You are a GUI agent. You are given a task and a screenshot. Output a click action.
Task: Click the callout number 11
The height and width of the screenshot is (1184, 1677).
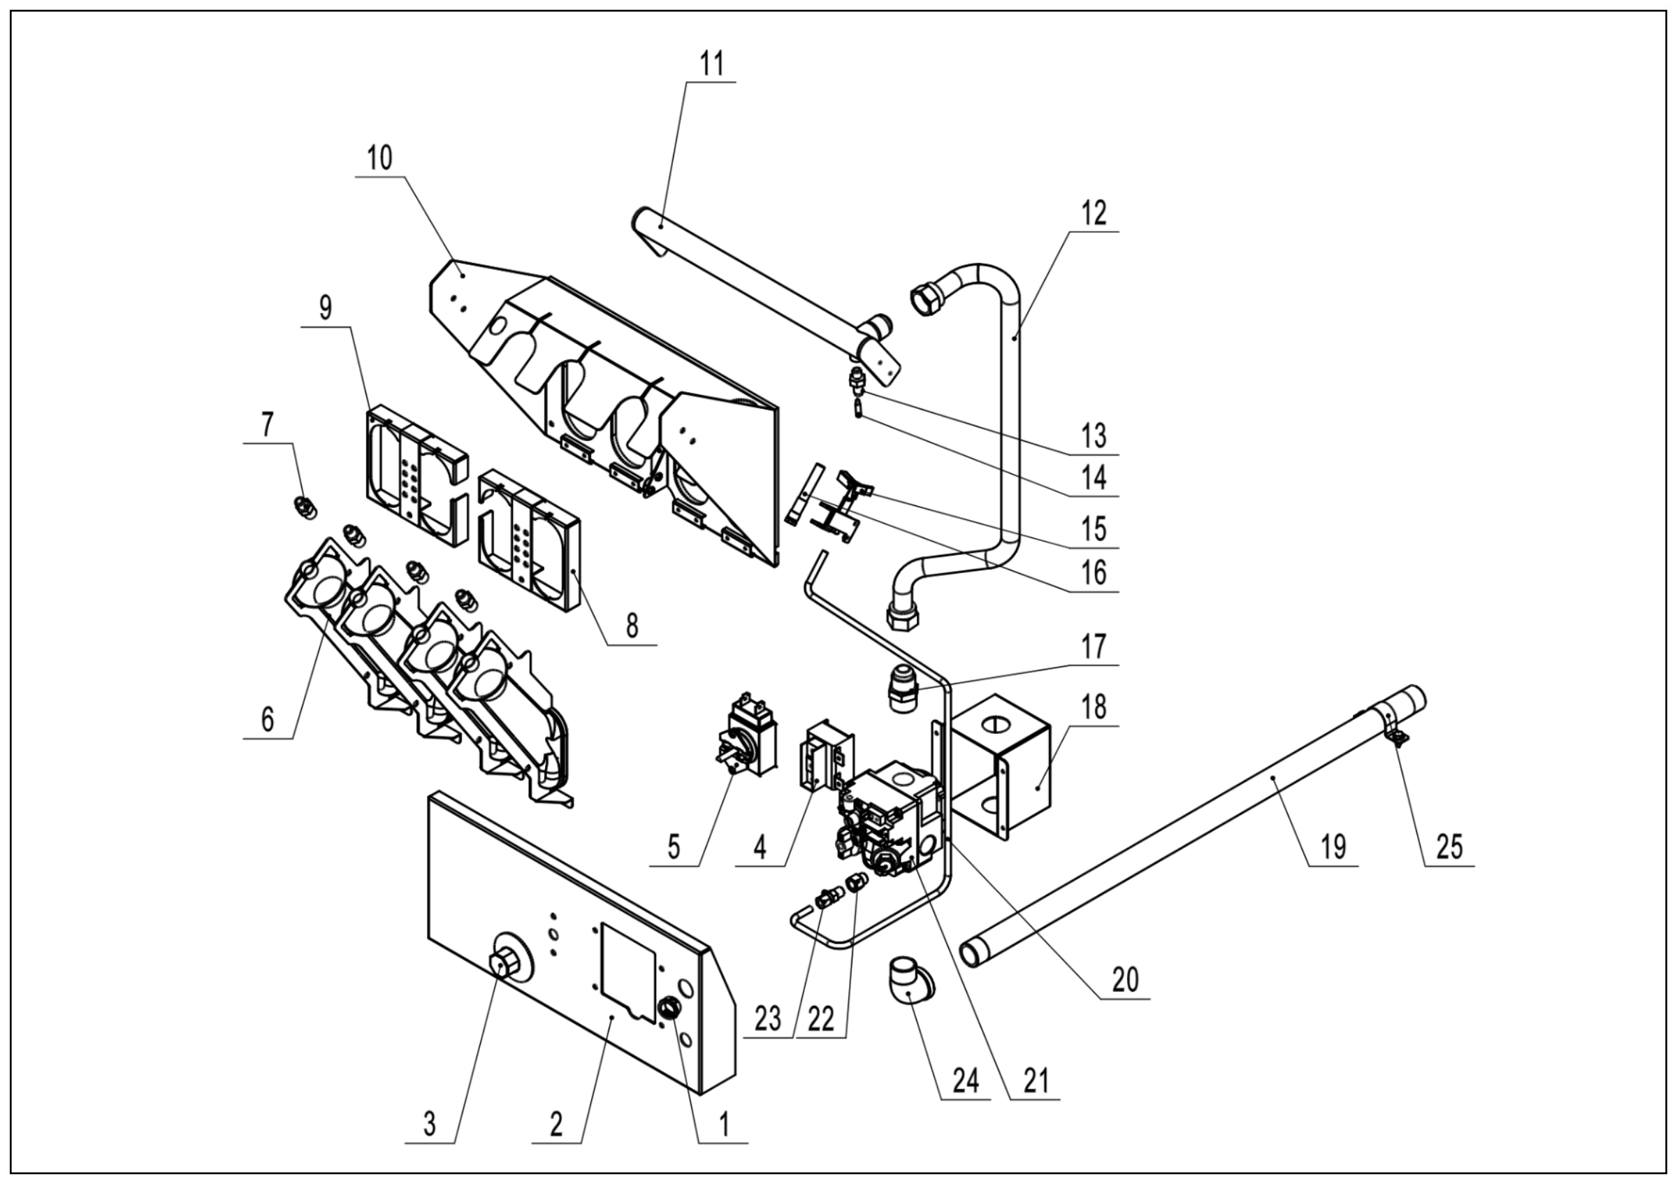point(711,64)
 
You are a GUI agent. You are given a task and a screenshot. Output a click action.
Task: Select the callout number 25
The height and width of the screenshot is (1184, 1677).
point(1449,846)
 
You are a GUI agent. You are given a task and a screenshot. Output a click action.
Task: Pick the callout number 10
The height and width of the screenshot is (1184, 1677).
point(380,158)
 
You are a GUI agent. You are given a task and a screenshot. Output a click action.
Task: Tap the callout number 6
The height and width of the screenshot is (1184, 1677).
point(268,720)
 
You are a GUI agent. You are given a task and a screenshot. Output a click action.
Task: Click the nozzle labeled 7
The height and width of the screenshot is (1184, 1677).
point(304,505)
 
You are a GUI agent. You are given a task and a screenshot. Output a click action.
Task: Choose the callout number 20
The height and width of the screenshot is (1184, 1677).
point(1125,979)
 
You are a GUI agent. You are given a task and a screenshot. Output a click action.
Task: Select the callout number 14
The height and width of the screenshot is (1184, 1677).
point(1094,478)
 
